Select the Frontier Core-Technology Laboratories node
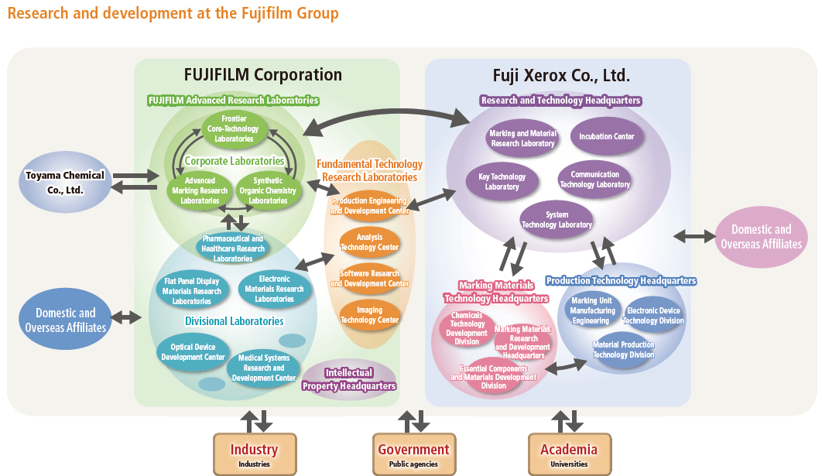tap(234, 128)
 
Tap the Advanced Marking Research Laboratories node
tap(200, 191)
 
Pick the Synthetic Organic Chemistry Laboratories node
tap(268, 191)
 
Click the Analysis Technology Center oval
tap(370, 242)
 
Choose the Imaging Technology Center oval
tap(370, 315)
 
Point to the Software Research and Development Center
tap(370, 279)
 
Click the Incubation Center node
tap(607, 136)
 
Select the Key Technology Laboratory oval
tap(502, 182)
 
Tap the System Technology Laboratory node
tap(557, 220)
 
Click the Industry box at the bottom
tap(254, 454)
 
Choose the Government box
tap(413, 454)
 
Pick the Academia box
tap(569, 454)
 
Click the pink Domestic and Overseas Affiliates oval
tap(761, 236)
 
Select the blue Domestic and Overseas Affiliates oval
tap(66, 320)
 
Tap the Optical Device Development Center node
tap(193, 352)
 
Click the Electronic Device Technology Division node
tap(653, 316)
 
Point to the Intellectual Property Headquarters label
tap(349, 379)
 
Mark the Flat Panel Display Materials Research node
tap(191, 291)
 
